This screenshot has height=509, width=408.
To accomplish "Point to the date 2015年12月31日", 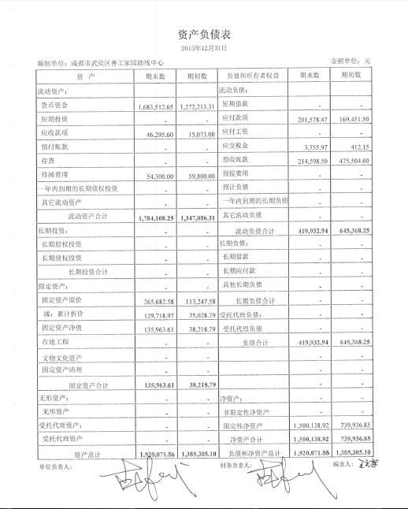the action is [204, 48].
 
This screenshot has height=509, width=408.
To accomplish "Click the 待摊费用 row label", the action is [56, 175].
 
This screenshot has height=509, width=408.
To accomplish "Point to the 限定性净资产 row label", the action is [247, 425].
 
